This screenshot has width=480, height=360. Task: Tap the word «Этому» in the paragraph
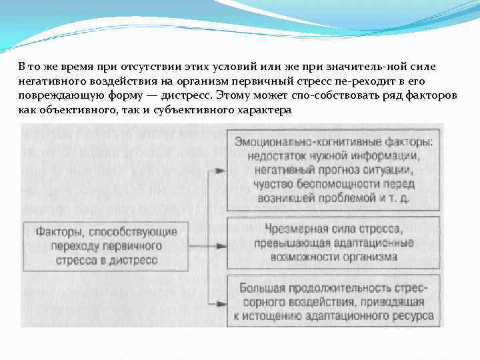coord(232,97)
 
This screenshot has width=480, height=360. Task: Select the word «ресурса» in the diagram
coord(415,316)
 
